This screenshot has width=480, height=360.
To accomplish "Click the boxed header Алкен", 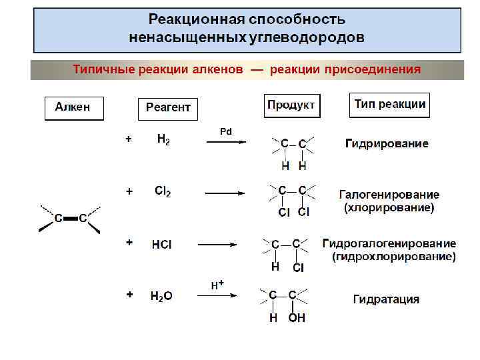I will pos(74,108).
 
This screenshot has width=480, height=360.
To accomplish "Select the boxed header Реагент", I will pos(168,109).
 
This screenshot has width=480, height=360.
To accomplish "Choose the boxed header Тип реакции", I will pos(390,105).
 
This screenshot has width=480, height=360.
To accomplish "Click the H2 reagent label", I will pos(163,140).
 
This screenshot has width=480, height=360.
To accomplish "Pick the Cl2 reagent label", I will pos(163,191).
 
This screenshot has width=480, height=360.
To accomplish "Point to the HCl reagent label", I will pos(162,245).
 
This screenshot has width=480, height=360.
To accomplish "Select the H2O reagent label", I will pos(161,296).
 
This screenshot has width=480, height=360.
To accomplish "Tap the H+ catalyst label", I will pos(217,285).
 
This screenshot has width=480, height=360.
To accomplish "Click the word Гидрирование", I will pos(387,143).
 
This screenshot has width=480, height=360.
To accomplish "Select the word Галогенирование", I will pos(389,195).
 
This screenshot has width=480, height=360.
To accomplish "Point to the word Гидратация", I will pos(386,299).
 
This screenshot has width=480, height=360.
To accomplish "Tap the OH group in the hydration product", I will pos(297,319).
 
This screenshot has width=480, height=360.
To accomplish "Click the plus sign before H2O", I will pos(129,293).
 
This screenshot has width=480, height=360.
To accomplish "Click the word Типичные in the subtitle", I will pos(102,69).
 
